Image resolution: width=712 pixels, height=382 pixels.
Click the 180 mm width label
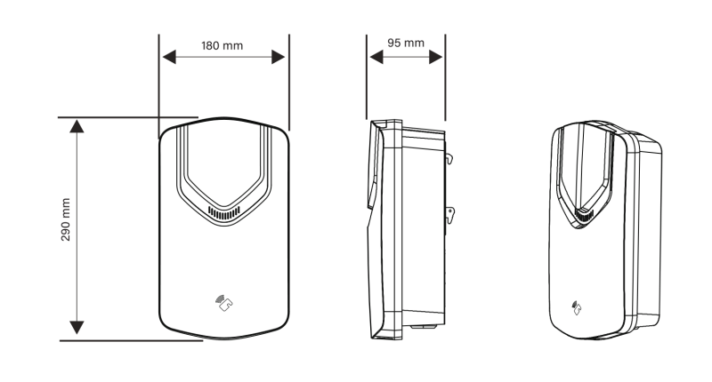click(x=222, y=44)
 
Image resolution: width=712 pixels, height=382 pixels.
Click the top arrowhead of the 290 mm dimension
click(x=77, y=125)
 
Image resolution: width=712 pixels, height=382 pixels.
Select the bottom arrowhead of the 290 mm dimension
click(x=77, y=328)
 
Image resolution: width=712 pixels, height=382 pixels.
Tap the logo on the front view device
click(x=223, y=303)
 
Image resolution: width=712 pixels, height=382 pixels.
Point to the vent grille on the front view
click(x=223, y=213)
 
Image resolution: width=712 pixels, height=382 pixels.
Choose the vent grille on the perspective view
click(x=583, y=215)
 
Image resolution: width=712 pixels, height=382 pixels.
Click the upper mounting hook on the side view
click(x=450, y=159)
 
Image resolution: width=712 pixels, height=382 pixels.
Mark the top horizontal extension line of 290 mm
click(x=125, y=116)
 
